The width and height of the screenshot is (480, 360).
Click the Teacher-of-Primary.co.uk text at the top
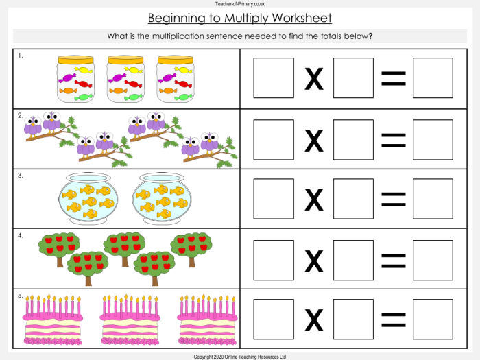tap(240, 3)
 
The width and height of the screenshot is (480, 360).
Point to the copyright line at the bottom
tap(240, 357)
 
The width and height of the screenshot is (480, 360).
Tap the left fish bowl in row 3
tap(88, 198)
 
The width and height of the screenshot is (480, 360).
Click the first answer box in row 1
tap(273, 77)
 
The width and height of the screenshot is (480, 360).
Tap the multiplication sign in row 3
tap(313, 200)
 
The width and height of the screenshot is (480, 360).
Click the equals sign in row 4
tap(393, 261)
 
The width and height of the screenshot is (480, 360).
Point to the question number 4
tap(21, 236)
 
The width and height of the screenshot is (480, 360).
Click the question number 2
tap(21, 115)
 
